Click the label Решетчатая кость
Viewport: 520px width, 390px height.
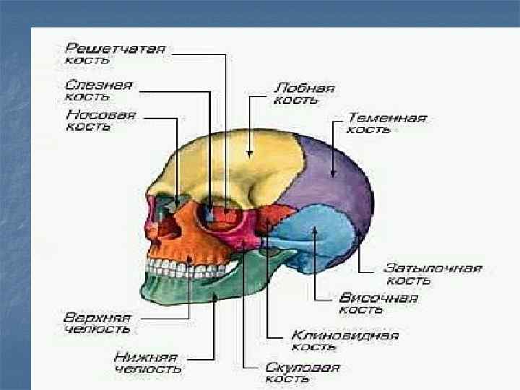point(116,54)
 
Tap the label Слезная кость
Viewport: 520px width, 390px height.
point(98,90)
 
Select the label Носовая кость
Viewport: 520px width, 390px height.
point(101,120)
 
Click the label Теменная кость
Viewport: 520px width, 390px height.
point(386,123)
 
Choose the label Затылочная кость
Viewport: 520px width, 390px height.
point(432,274)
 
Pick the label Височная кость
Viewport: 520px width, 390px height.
point(378,303)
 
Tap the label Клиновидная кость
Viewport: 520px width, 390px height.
point(345,341)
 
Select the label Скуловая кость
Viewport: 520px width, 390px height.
point(302,373)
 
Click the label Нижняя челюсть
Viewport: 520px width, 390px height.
point(147,363)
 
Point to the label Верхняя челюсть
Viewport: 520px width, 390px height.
point(97,323)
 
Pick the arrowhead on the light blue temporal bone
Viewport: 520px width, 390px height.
point(315,231)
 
